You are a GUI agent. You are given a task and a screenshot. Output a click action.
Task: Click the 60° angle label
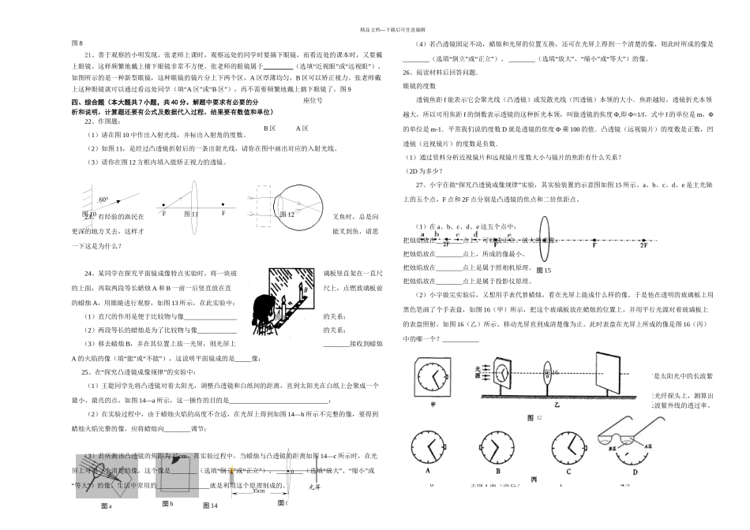click(103, 200)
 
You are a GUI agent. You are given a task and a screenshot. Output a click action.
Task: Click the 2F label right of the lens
click(643, 245)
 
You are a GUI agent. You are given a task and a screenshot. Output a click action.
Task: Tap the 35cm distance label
click(258, 491)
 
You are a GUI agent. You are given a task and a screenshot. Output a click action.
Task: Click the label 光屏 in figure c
click(314, 487)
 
